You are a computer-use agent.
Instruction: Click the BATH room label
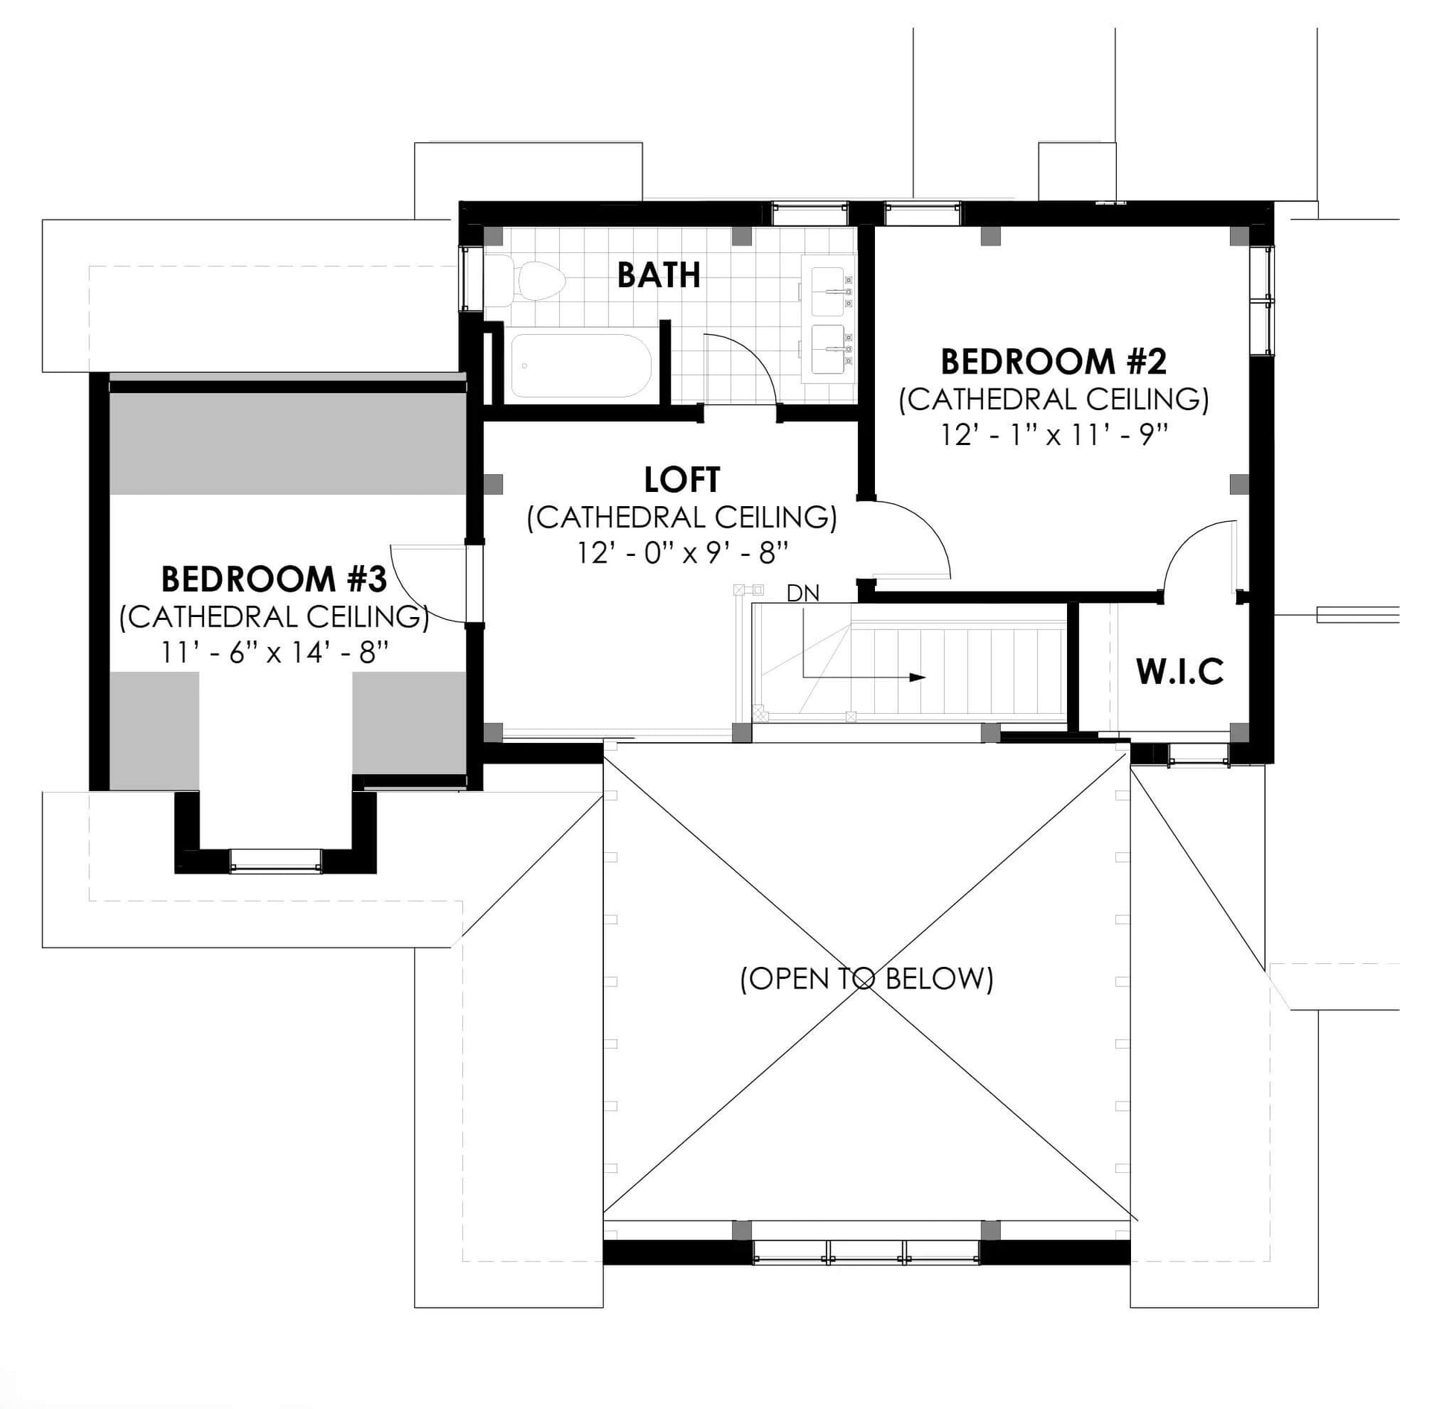(659, 275)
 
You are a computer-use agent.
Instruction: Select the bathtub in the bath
(581, 365)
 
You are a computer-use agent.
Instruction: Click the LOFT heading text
(682, 480)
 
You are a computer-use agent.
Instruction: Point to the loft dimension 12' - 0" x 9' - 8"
(682, 553)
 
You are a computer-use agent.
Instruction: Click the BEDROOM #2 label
(1054, 362)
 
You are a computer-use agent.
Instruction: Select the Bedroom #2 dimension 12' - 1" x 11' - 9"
(1054, 435)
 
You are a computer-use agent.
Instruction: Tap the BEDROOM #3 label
(274, 579)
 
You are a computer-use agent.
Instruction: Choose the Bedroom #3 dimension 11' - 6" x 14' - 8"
(274, 653)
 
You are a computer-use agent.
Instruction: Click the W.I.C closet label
(1180, 672)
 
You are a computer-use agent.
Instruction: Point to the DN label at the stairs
(803, 593)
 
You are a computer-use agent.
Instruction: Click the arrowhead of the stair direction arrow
(918, 677)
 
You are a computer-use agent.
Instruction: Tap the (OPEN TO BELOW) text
(867, 978)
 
